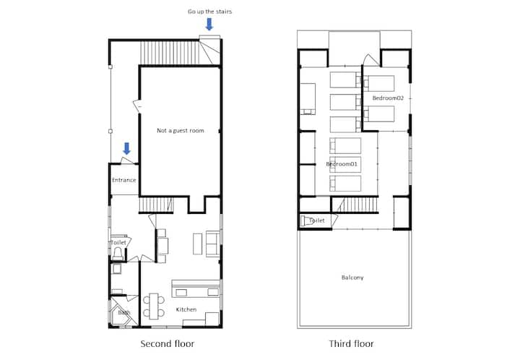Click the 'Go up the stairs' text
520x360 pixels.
coord(209,12)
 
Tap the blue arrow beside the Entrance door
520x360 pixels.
coord(126,148)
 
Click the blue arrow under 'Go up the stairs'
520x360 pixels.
coord(209,25)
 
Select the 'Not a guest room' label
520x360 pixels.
coord(181,131)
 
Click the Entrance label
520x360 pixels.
coord(124,180)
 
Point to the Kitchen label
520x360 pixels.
coord(186,309)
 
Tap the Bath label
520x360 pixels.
coord(124,312)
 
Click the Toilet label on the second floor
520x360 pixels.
coord(118,243)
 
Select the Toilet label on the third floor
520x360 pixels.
coord(317,220)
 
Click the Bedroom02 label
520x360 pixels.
coord(388,98)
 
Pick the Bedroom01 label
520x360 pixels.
coord(342,164)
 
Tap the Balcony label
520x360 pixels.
coord(352,278)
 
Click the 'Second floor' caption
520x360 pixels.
coord(167,344)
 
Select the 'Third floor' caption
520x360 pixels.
coord(351,344)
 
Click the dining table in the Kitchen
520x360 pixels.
coord(154,307)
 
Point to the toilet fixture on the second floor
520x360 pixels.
coord(118,254)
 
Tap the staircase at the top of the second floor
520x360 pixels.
coord(170,53)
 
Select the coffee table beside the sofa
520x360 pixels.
coord(197,244)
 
